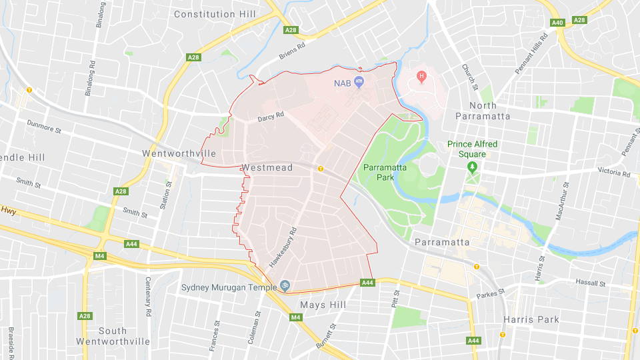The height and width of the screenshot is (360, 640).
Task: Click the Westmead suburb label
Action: point(267,167)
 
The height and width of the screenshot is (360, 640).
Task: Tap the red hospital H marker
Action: point(421,77)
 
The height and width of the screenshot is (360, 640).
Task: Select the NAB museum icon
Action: point(359,83)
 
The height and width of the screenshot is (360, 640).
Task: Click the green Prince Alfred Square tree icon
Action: point(473,165)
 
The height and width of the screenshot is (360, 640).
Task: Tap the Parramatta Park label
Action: point(385,172)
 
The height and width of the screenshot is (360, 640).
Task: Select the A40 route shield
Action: point(558,23)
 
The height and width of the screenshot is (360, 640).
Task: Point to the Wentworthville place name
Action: point(179,153)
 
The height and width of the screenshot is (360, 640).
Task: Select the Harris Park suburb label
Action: point(531,319)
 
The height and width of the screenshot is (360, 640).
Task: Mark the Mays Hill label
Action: point(322,305)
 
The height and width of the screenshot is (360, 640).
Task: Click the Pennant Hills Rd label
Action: point(531,51)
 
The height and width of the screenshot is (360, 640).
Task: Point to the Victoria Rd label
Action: point(613,173)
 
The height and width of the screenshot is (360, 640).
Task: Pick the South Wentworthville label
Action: point(113,336)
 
